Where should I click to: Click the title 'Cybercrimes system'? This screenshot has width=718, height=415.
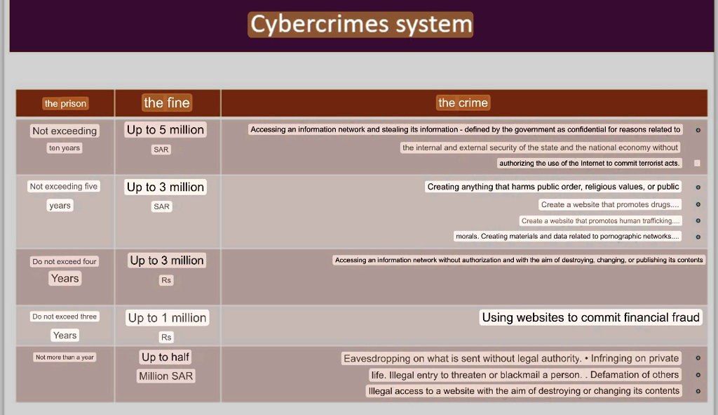[x=360, y=25]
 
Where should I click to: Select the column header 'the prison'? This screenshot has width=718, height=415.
[x=65, y=104]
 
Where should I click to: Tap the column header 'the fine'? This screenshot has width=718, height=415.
[x=167, y=103]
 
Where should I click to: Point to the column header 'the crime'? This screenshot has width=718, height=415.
[x=463, y=103]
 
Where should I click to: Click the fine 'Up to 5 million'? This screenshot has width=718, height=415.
[x=165, y=130]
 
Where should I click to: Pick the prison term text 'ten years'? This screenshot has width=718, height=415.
[x=65, y=148]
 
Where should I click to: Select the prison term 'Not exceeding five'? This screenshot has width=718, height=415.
[x=64, y=187]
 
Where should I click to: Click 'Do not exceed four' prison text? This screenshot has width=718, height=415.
[x=65, y=261]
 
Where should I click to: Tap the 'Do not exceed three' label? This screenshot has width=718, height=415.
[x=65, y=317]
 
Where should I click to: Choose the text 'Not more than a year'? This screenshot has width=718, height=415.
[x=65, y=357]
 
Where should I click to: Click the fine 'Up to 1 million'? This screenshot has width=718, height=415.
[x=167, y=318]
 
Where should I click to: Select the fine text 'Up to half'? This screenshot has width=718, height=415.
[x=165, y=357]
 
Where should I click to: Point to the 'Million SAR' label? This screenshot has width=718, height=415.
[x=165, y=376]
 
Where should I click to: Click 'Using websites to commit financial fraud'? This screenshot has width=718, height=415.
[x=590, y=317]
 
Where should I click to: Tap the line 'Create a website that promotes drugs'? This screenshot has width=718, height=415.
[x=609, y=204]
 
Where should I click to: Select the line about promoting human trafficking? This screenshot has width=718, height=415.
[x=600, y=221]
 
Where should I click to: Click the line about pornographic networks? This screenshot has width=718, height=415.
[x=567, y=236]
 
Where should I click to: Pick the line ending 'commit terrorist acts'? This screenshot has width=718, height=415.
[x=589, y=163]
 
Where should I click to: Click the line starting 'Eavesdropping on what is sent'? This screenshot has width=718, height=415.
[x=511, y=358]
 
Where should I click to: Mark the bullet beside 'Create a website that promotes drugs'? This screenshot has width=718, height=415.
[x=698, y=204]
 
